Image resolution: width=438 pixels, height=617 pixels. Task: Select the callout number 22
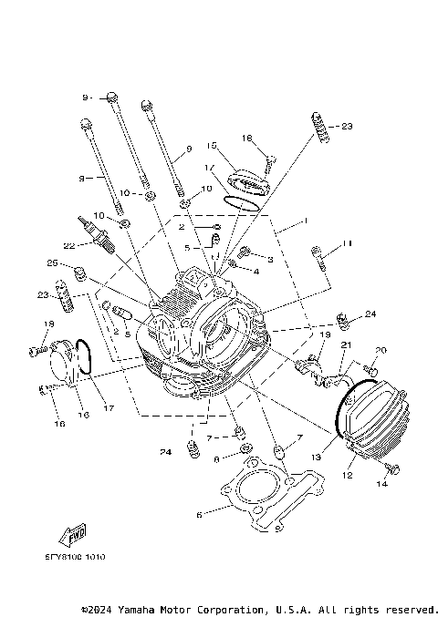point(68,245)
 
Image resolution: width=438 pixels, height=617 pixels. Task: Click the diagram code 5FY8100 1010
point(73,556)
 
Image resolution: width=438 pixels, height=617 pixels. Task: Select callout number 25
point(52,263)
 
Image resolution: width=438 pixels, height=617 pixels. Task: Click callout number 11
point(346,243)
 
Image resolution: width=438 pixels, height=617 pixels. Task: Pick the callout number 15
point(210,145)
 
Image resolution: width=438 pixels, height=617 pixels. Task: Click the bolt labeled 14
point(392,468)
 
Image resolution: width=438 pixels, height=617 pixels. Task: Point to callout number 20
point(381,350)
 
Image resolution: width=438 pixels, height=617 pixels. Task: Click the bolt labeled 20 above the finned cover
point(370,369)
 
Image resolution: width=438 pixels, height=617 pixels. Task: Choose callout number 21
point(346,344)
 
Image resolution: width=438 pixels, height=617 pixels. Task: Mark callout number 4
point(256,272)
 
